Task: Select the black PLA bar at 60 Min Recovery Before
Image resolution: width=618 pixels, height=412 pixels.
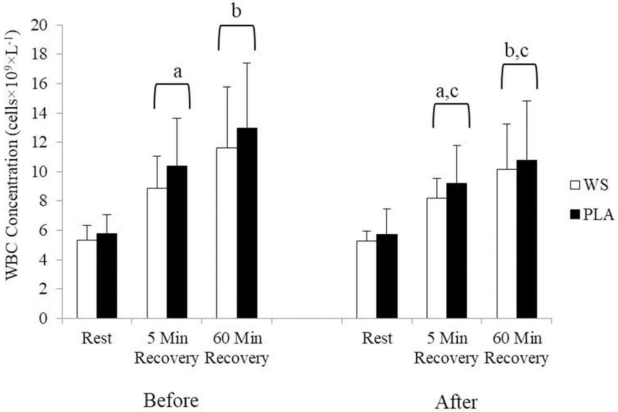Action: tap(246, 223)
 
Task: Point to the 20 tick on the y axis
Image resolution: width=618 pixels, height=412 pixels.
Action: tap(49, 25)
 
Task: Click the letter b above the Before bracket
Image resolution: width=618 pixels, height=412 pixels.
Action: tap(236, 11)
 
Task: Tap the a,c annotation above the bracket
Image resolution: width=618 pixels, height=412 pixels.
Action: tap(451, 92)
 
